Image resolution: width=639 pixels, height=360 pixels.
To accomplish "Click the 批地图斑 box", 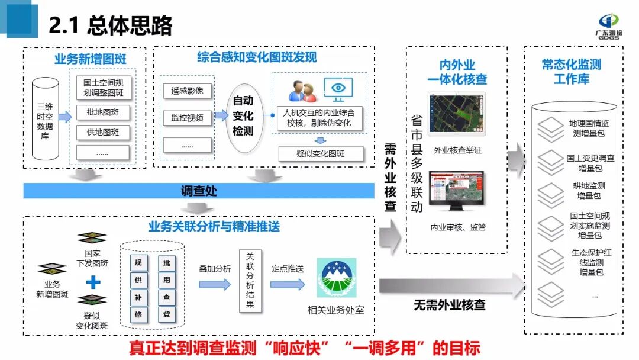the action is point(103,112).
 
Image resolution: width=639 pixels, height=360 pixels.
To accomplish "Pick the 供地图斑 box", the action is point(103,132).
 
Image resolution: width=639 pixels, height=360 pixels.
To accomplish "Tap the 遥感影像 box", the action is point(187,91).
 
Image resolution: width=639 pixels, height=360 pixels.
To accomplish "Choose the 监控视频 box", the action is point(187,118).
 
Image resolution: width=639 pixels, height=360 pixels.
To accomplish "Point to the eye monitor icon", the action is point(338,89).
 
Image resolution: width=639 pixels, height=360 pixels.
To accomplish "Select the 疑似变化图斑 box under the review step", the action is point(320,154).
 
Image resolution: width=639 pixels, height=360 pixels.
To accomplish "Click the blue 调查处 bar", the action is point(199,191).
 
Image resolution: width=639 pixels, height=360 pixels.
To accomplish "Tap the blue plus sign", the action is point(92,279).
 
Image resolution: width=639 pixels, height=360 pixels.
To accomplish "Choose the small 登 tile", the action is point(167,314).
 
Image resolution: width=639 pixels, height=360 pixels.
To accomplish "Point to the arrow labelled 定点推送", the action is point(288,284).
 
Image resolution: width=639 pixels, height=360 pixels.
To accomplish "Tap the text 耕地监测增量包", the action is point(589,190).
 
